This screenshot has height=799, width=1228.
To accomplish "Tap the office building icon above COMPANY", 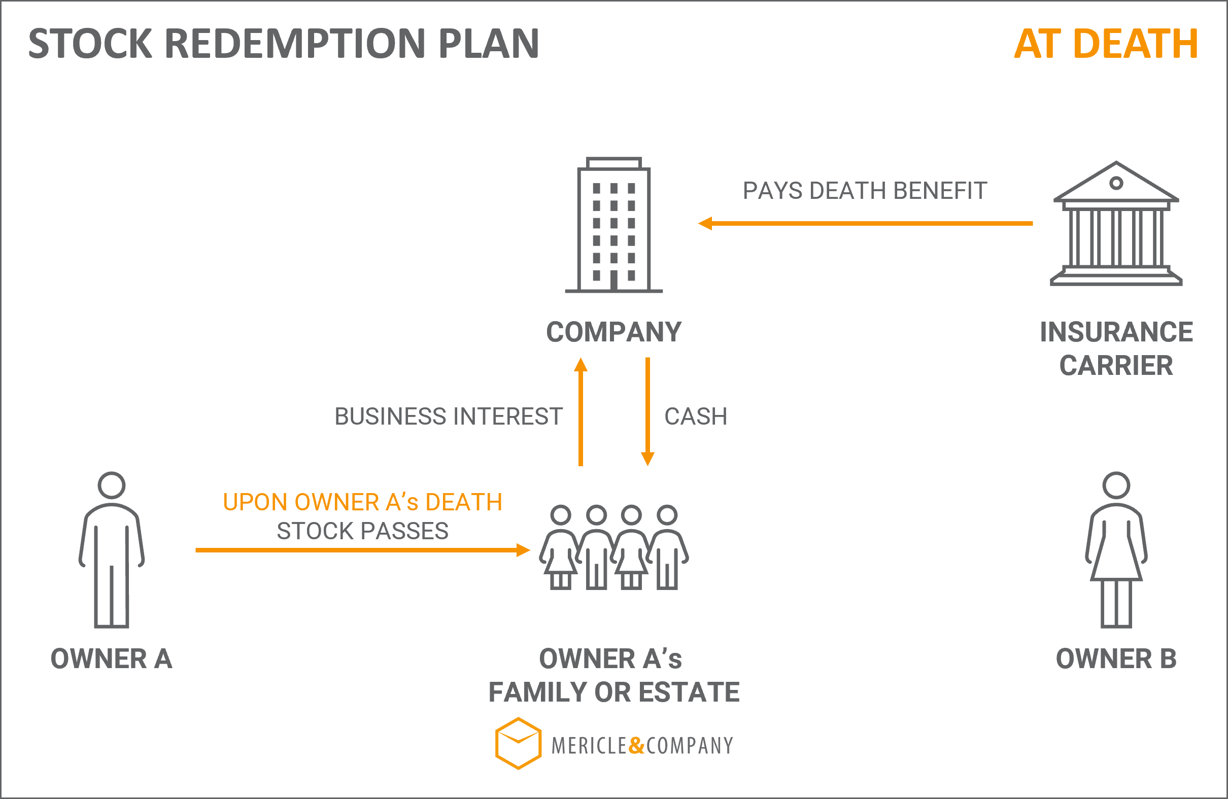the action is click(x=613, y=225).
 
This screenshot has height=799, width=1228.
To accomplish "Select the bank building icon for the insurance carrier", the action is click(x=1116, y=223).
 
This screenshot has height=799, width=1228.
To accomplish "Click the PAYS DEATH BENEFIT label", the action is click(x=865, y=191).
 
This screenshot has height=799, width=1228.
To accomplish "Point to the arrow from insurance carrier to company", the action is click(x=865, y=223).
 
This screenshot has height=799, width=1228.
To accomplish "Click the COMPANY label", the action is click(x=613, y=332).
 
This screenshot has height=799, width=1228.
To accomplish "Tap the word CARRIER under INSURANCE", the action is click(x=1116, y=365).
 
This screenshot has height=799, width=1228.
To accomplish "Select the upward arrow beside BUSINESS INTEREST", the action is click(x=581, y=411).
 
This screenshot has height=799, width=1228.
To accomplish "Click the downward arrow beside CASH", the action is click(x=647, y=411).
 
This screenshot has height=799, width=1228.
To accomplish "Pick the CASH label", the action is click(x=696, y=416).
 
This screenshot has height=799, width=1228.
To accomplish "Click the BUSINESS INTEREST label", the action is click(x=449, y=416).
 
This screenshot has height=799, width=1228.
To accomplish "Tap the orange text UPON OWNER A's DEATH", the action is click(x=362, y=502).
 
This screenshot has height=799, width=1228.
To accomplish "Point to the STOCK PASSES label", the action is click(x=362, y=531).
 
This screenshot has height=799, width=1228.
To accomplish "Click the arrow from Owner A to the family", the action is click(x=363, y=550).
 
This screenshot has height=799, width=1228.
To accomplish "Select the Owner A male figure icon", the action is click(x=112, y=550).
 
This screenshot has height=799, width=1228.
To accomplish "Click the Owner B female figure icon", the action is click(x=1116, y=550).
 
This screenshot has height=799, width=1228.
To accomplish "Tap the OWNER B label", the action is click(x=1116, y=658).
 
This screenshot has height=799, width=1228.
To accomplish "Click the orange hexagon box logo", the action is click(x=518, y=743).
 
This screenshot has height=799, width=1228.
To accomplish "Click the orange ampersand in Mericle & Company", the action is click(x=637, y=746).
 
